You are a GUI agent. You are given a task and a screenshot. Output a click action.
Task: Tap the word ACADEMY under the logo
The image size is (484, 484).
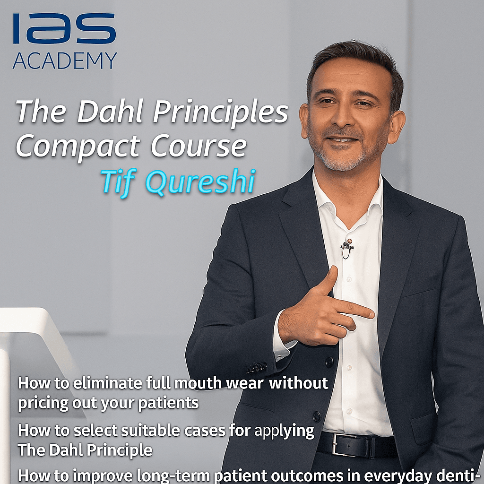click(x=65, y=61)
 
